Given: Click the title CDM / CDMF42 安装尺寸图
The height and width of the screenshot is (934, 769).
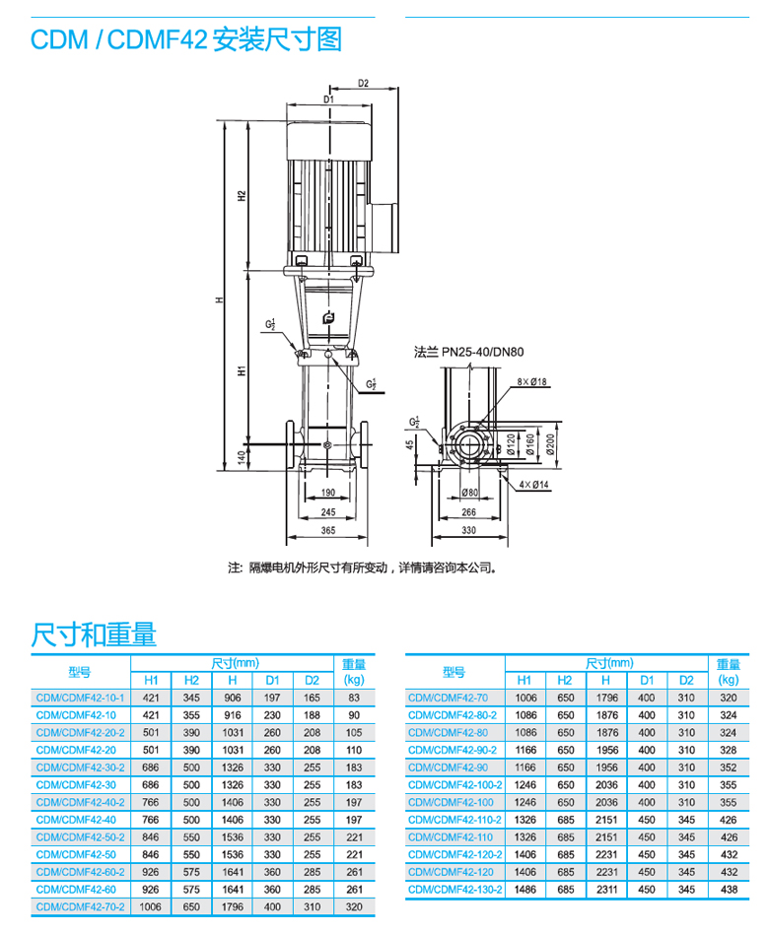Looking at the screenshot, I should tap(186, 40).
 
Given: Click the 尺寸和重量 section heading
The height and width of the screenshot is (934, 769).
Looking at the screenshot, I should tap(95, 634).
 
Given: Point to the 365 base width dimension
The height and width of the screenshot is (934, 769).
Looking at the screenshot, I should tap(327, 531).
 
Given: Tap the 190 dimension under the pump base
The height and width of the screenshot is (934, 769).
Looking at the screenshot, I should tap(327, 492).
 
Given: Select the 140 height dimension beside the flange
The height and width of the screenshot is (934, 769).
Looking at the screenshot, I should tap(240, 459).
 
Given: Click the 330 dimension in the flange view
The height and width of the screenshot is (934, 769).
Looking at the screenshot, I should tap(468, 531).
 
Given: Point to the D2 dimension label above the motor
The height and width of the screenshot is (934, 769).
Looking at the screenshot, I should tap(363, 84).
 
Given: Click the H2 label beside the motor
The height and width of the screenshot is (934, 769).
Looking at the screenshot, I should tap(240, 195).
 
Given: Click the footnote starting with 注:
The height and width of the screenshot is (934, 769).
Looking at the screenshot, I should tap(362, 567).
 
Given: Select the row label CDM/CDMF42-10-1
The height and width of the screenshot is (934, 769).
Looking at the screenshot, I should tap(81, 698).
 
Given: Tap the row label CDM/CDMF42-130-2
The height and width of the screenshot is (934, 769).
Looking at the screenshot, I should tap(454, 889).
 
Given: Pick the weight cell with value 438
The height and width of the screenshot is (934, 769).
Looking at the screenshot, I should tap(729, 889).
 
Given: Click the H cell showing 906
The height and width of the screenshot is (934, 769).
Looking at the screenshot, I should tap(232, 698).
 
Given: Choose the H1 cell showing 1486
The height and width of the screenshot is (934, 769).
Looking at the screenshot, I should tap(524, 889).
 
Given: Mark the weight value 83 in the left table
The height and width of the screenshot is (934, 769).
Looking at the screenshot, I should tap(354, 698).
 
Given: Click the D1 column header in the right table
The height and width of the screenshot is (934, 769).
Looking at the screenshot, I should tap(646, 680).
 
